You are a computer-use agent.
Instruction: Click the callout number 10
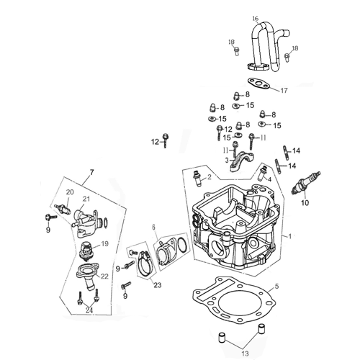304,204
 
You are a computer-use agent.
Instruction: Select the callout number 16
255,18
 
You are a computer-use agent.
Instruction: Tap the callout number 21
86,199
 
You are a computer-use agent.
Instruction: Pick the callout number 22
105,276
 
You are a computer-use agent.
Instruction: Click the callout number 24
89,310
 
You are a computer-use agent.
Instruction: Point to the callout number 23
158,284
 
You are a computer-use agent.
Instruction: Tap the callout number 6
153,228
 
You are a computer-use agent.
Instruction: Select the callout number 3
226,160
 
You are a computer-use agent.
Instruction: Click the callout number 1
290,236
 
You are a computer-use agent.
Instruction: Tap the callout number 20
70,192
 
